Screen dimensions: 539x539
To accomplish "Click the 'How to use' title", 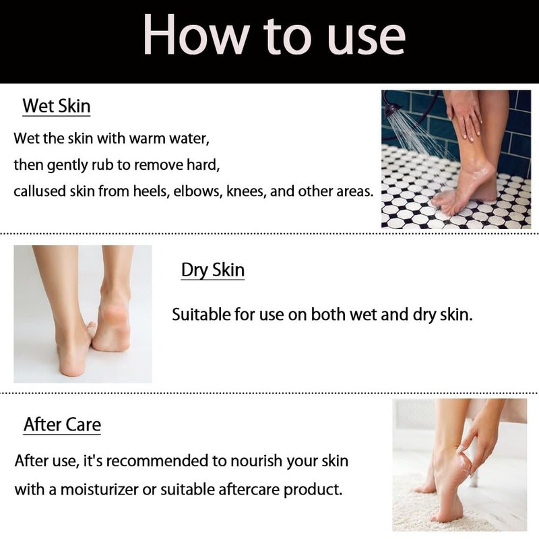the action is click(x=274, y=36).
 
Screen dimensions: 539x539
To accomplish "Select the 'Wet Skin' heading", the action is click(x=57, y=106).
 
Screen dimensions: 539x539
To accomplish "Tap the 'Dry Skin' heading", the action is click(x=213, y=270).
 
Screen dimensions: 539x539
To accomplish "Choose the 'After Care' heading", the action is click(x=62, y=424).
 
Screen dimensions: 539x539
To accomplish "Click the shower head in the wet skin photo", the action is click(x=393, y=110).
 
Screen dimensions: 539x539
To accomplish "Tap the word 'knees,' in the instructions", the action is click(x=246, y=191).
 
